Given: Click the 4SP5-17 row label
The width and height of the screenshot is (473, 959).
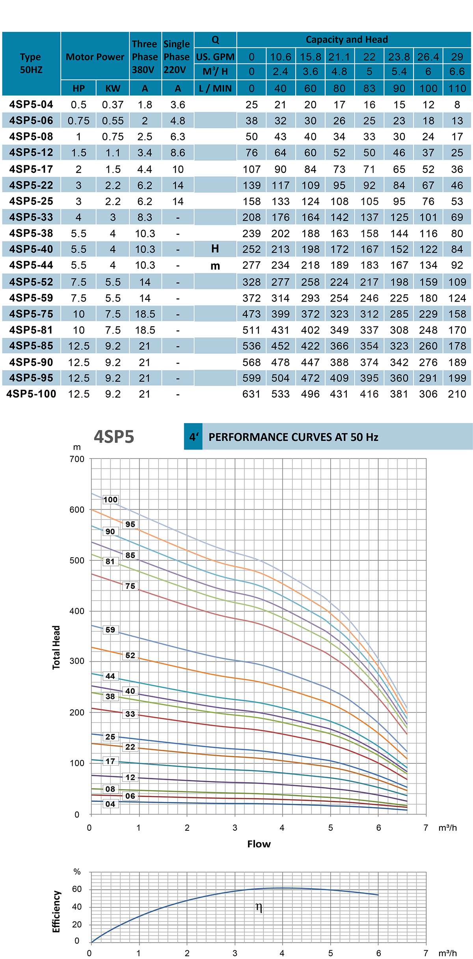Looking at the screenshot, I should coord(31,169).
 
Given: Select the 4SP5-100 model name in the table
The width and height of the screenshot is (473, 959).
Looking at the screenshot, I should coord(31,394).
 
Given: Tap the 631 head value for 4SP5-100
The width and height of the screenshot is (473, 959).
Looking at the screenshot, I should coord(251,394).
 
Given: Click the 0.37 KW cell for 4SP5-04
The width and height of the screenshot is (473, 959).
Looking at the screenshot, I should coord(113,105).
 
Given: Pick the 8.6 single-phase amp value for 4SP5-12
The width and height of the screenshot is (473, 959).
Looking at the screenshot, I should coord(178,153).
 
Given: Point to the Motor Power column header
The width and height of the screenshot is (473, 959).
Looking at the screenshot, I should coord(95,57).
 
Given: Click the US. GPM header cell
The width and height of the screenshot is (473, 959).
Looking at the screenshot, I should coord(215,57).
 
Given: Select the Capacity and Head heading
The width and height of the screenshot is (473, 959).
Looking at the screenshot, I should coord(347,39).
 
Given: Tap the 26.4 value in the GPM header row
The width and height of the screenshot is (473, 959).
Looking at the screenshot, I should coord(428,57).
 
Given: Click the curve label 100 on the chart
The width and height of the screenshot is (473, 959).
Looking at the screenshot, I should coord(110,500).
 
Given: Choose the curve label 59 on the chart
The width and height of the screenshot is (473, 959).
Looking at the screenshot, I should coord(110,630).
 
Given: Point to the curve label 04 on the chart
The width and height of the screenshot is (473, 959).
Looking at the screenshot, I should coord(110,804).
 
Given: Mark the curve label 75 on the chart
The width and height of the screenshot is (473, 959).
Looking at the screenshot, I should coord(130,586).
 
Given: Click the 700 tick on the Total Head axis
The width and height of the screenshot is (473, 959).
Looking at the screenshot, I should coord(77,459).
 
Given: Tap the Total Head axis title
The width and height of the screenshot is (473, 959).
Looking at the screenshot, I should coord(56,647).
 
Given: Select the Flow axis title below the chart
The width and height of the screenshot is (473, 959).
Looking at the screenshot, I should coord(259,844).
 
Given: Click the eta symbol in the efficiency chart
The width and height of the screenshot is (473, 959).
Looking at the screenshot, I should coord(259,907).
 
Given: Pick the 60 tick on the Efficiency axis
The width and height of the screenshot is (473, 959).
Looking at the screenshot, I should coord(77,889).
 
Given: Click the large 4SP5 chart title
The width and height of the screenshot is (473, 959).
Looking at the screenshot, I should coord(114,437).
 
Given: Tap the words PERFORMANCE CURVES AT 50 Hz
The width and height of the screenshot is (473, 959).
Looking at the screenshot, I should coord(293,437).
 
